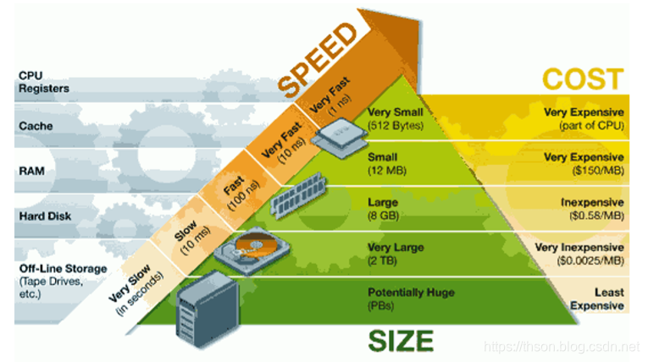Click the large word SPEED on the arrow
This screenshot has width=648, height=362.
[317, 59]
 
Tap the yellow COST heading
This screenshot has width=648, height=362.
[583, 80]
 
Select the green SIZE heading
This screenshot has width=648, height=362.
[401, 341]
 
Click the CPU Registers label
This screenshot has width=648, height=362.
[44, 82]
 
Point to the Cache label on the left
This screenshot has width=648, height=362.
[36, 126]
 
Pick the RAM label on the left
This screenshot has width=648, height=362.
[31, 171]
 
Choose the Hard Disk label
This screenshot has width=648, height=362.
[45, 216]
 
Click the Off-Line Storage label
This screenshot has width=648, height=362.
[63, 269]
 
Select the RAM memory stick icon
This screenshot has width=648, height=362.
[298, 195]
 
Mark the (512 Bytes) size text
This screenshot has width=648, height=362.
[396, 125]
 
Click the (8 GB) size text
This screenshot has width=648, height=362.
[384, 216]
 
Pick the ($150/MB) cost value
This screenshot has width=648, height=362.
[597, 171]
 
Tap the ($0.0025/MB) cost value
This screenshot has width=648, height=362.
[590, 261]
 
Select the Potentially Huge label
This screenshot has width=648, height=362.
[411, 293]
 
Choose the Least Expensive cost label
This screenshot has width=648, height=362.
[597, 299]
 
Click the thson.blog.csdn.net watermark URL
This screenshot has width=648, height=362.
[562, 346]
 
